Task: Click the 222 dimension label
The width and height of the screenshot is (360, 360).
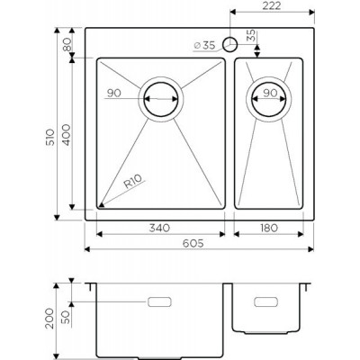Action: [x=272, y=5]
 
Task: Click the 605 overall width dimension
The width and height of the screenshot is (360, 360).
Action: [x=193, y=243]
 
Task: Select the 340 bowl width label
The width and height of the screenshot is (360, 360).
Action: [x=159, y=228]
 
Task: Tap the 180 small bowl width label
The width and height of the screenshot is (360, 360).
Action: [x=268, y=228]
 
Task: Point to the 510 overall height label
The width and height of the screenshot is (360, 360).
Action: [x=50, y=137]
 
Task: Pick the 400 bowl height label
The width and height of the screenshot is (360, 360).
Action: [x=67, y=135]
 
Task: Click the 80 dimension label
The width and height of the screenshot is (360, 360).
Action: [x=67, y=44]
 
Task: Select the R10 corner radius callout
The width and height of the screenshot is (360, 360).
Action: [x=132, y=182]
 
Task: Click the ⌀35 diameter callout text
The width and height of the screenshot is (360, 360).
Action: [x=204, y=46]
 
